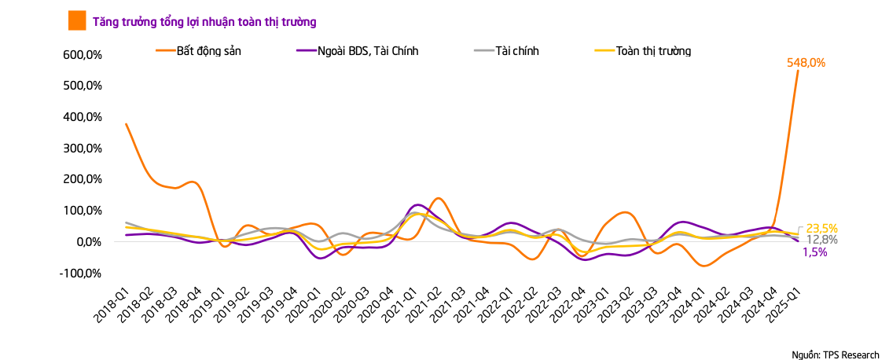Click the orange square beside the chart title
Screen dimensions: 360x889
pyautogui.click(x=77, y=20)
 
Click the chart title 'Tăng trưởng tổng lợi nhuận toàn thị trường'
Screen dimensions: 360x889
pyautogui.click(x=204, y=21)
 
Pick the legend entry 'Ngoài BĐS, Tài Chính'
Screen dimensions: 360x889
pyautogui.click(x=369, y=51)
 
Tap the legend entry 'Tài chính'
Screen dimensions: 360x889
pyautogui.click(x=517, y=51)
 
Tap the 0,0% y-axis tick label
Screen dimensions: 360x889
pyautogui.click(x=90, y=241)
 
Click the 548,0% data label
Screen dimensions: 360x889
pyautogui.click(x=806, y=63)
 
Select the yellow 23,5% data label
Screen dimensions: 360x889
pyautogui.click(x=821, y=229)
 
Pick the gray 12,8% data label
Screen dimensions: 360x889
pyautogui.click(x=821, y=240)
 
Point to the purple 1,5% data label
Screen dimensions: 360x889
pyautogui.click(x=814, y=252)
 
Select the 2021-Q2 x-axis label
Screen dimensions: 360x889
pyautogui.click(x=422, y=306)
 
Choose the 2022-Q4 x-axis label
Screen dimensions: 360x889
pyautogui.click(x=567, y=306)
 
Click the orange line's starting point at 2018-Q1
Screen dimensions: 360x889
pyautogui.click(x=126, y=123)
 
